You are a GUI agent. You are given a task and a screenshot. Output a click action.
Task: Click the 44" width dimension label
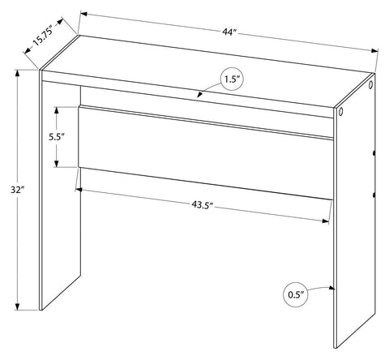point(229,32)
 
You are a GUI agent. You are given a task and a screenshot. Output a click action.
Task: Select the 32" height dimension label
point(18,190)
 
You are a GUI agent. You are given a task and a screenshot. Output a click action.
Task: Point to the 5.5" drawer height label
point(56,137)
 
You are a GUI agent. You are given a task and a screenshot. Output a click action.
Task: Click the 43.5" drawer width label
point(203,205)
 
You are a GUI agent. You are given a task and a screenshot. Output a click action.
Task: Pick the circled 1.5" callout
point(231,79)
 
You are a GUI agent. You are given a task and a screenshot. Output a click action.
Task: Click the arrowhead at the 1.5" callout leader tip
point(200,94)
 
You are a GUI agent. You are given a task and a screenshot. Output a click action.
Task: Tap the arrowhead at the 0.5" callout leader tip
point(332,288)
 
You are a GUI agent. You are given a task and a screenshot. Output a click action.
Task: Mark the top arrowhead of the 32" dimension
point(18,73)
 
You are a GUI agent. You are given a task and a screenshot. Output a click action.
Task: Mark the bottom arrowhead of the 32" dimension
point(18,306)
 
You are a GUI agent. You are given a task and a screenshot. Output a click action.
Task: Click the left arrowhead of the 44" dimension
point(84,14)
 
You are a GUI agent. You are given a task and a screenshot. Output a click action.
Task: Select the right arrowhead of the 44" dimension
point(374,51)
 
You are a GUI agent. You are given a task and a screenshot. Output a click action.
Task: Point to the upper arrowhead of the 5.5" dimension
point(57,110)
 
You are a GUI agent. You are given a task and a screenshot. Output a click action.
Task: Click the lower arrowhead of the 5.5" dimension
point(57,164)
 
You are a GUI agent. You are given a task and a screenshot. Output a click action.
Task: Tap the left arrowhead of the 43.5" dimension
point(79,190)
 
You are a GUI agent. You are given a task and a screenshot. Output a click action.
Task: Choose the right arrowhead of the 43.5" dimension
point(326,221)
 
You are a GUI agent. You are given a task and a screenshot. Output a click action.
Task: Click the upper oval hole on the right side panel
point(370,84)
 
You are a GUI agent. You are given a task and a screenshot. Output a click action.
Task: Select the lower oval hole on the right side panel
point(340,111)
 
